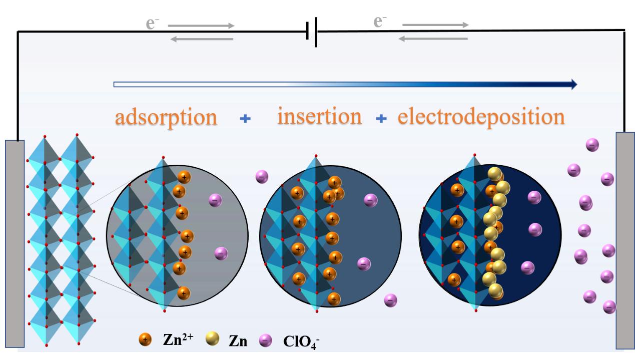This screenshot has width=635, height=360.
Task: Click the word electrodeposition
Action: pyautogui.click(x=481, y=117)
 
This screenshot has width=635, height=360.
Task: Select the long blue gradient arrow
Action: pyautogui.click(x=345, y=84)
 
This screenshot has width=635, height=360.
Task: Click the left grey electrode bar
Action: pyautogui.click(x=15, y=243)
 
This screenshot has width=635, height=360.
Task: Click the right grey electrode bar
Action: pyautogui.click(x=625, y=240)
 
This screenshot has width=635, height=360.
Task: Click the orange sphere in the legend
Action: pyautogui.click(x=145, y=340)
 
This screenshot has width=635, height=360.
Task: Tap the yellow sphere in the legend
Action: pyautogui.click(x=213, y=339)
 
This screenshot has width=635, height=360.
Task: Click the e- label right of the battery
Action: pyautogui.click(x=381, y=22)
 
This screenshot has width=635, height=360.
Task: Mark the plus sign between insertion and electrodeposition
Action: pyautogui.click(x=381, y=119)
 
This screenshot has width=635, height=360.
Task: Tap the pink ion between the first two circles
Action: pyautogui.click(x=262, y=176)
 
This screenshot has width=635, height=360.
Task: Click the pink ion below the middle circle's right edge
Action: pyautogui.click(x=390, y=300)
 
